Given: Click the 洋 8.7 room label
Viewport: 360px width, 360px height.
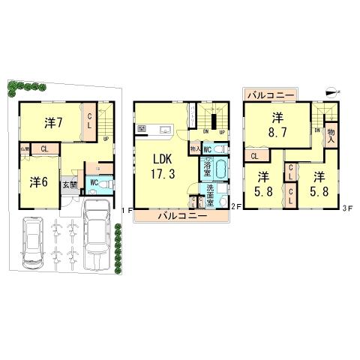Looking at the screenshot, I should [277, 124].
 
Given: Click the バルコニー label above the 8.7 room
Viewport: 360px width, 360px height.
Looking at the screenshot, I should [270, 95].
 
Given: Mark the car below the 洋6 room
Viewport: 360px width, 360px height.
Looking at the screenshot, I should [34, 241].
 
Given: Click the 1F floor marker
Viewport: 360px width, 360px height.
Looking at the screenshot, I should [128, 211].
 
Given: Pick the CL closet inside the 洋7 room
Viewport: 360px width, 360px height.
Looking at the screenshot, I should [90, 121].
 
